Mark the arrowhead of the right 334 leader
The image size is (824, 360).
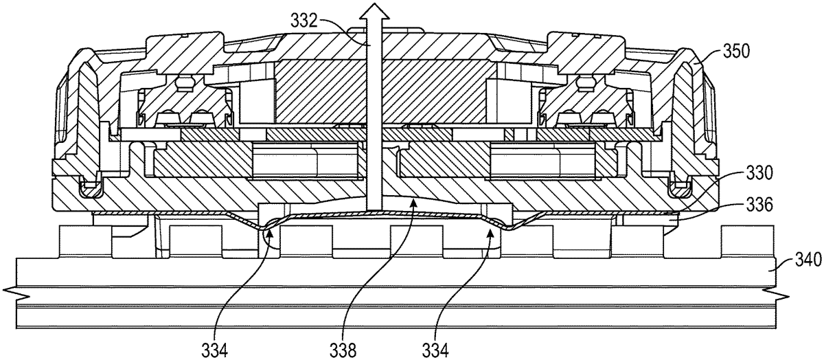pyautogui.click(x=489, y=232)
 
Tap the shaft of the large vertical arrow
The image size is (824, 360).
pyautogui.click(x=373, y=124)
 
